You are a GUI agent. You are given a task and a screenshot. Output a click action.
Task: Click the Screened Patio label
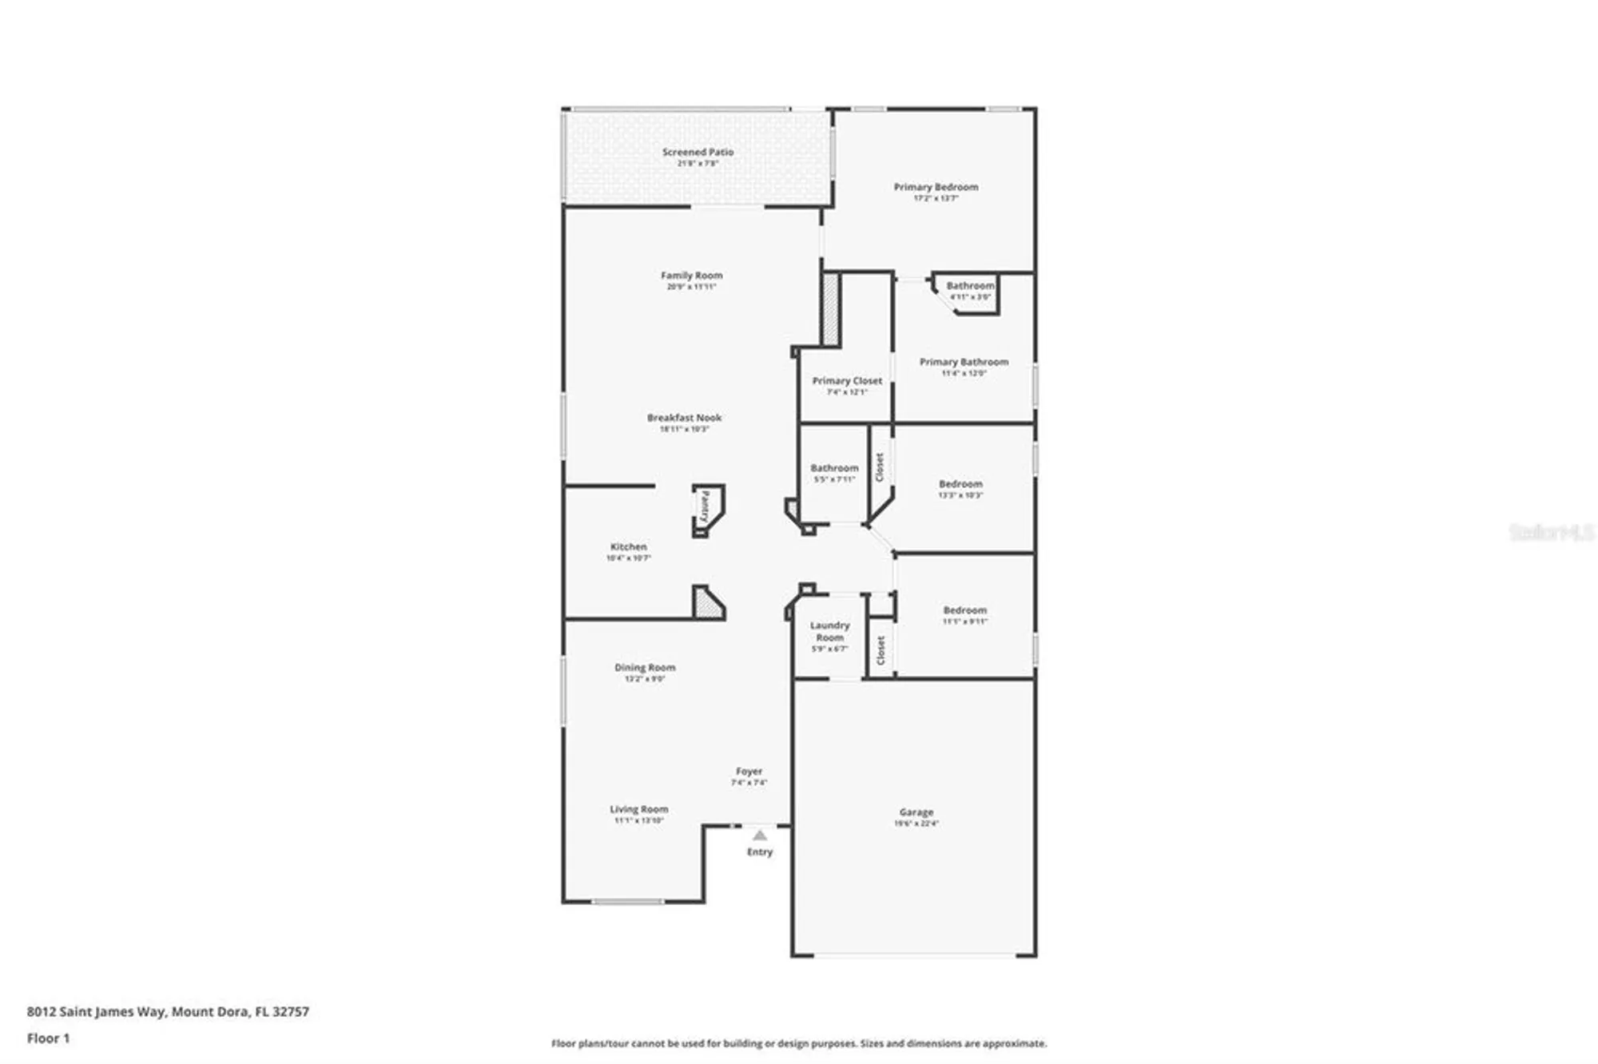click(698, 153)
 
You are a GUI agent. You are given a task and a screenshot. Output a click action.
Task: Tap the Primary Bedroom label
click(936, 188)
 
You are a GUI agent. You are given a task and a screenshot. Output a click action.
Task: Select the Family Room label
click(691, 276)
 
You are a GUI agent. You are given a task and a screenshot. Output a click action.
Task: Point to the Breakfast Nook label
click(684, 419)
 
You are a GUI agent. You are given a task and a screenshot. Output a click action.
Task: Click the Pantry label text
click(705, 506)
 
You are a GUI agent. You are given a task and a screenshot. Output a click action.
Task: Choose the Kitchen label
click(628, 548)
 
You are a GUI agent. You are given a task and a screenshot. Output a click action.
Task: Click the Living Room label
click(638, 810)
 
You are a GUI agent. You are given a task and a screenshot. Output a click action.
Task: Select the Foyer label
click(749, 772)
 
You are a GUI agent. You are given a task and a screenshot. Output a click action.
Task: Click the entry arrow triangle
click(760, 836)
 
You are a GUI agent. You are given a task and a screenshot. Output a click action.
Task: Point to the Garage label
click(916, 813)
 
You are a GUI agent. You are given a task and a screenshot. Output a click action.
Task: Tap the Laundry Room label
click(829, 632)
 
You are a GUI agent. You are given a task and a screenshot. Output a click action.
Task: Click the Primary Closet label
click(847, 382)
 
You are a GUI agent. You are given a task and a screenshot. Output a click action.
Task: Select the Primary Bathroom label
click(964, 363)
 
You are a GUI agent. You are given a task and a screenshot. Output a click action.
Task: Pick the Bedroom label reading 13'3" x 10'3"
click(960, 485)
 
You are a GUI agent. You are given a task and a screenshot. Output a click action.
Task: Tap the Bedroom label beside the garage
click(964, 611)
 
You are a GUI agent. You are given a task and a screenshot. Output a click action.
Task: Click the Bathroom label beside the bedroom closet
click(834, 469)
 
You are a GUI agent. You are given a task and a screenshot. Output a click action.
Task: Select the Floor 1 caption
click(48, 1038)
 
